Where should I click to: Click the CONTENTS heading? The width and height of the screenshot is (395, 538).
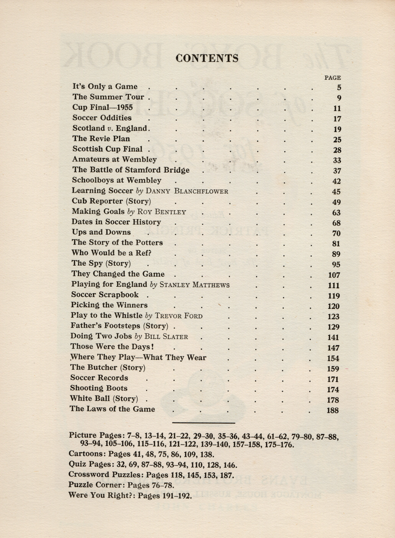pos(207,58)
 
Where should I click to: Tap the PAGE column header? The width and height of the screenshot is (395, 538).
pos(332,78)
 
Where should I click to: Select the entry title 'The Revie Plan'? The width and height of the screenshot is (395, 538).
pos(101,139)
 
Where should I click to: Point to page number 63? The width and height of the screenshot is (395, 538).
pos(336,213)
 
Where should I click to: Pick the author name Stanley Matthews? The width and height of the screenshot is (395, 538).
pos(194,285)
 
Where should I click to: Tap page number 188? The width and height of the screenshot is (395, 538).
pos(332,410)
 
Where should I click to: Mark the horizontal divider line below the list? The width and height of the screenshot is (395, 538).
pos(203,422)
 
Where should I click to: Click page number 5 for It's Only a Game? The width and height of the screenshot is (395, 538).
pos(339,88)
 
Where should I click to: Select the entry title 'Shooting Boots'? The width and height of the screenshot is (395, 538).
pos(99,388)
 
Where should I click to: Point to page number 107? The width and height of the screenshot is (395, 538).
pos(334,275)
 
